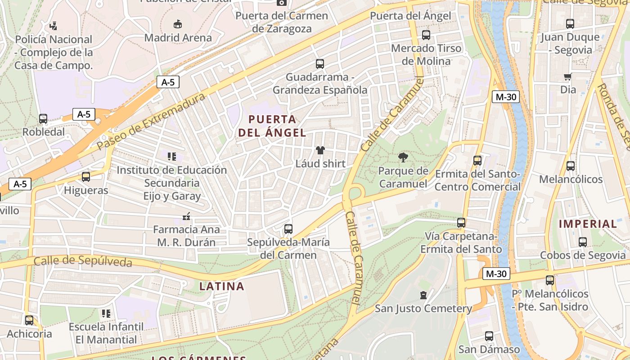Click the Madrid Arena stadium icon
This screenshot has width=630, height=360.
tap(178, 24)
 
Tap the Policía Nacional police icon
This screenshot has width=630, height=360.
tap(54, 26)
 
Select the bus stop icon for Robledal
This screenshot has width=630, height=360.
tap(43, 119)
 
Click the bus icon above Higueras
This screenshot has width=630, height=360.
tap(86, 177)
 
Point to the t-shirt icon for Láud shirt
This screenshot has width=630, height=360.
tap(320, 150)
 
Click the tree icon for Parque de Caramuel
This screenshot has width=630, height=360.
tap(403, 157)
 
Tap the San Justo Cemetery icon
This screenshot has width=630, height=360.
tap(423, 295)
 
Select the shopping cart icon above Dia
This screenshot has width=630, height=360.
tap(568, 76)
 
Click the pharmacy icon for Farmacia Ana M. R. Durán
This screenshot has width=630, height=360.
tap(186, 216)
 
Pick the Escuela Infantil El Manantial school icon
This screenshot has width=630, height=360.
tap(106, 313)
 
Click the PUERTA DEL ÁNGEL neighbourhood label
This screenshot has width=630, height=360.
tap(272, 126)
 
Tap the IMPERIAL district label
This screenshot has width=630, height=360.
tap(588, 224)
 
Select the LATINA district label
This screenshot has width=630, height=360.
tap(221, 286)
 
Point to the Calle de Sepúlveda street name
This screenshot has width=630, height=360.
tap(83, 261)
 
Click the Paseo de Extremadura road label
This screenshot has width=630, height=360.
tap(151, 121)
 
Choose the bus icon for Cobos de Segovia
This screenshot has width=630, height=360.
tap(583, 242)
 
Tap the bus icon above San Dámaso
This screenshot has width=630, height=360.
tap(489, 336)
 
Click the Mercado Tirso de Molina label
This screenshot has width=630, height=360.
tap(426, 54)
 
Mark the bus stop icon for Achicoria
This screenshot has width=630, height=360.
tap(29, 320)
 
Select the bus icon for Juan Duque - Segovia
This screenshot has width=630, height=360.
tap(570, 24)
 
